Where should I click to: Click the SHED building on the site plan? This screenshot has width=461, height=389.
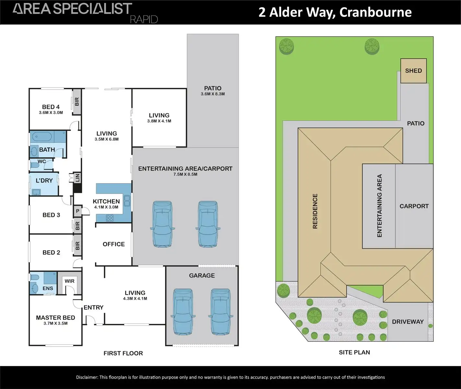pyautogui.click(x=413, y=71)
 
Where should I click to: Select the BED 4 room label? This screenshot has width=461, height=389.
pyautogui.click(x=51, y=107)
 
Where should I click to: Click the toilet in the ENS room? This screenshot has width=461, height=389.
pyautogui.click(x=34, y=278)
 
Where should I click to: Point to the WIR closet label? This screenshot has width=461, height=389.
pyautogui.click(x=69, y=281)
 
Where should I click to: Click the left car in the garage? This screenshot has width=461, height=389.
pyautogui.click(x=183, y=311)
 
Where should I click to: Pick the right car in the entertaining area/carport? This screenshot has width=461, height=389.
pyautogui.click(x=208, y=224)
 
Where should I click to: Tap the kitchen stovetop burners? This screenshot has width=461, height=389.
pyautogui.click(x=110, y=218)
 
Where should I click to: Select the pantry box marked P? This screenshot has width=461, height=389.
pyautogui.click(x=77, y=211)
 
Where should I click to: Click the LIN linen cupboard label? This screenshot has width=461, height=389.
pyautogui.click(x=77, y=177)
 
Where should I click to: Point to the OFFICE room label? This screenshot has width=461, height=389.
pyautogui.click(x=113, y=244)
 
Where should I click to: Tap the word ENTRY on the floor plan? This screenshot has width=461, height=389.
pyautogui.click(x=93, y=307)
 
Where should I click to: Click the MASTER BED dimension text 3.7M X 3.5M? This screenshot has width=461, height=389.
pyautogui.click(x=55, y=324)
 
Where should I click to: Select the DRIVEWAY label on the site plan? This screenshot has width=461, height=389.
pyautogui.click(x=408, y=322)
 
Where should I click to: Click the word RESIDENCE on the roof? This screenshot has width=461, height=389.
pyautogui.click(x=315, y=211)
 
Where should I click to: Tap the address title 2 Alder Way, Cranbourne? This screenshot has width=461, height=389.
pyautogui.click(x=335, y=12)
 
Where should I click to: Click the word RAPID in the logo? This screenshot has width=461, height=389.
pyautogui.click(x=144, y=19)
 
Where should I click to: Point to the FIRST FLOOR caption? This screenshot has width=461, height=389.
pyautogui.click(x=123, y=353)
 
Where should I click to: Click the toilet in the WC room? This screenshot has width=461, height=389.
pyautogui.click(x=34, y=165)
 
